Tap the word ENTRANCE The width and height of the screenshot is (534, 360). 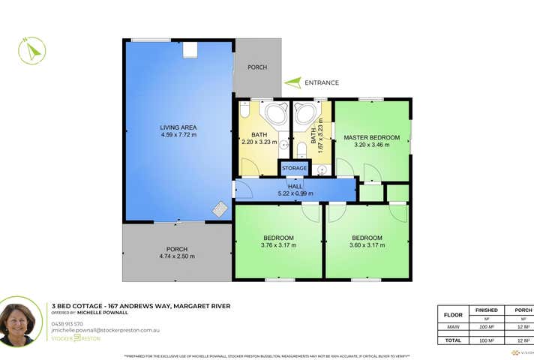(322, 83)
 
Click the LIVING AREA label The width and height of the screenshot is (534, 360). (178, 127)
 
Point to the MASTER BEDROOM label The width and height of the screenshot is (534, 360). (372, 138)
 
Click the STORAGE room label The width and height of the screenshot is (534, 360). (294, 169)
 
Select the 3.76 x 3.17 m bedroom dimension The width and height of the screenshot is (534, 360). (278, 245)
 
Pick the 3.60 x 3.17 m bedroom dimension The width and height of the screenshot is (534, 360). (367, 245)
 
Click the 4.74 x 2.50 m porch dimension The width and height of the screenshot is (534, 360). (177, 256)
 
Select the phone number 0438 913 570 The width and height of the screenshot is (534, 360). (67, 323)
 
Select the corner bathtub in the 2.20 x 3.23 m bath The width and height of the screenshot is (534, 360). (277, 114)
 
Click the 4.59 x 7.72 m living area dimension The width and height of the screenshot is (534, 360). (178, 135)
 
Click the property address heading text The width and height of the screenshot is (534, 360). (140, 306)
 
